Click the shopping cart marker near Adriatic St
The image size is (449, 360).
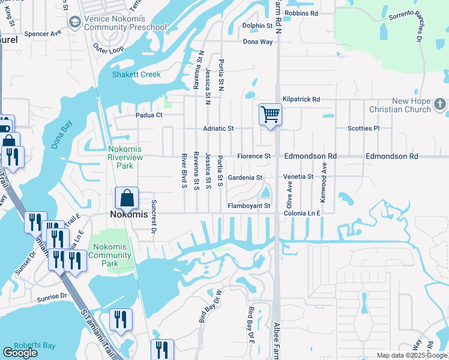pyautogui.click(x=271, y=114)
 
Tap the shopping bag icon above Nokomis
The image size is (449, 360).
pyautogui.click(x=127, y=197)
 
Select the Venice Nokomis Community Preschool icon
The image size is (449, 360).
pyautogui.click(x=75, y=23)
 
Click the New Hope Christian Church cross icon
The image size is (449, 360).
pyautogui.click(x=439, y=105)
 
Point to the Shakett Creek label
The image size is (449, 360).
pyautogui.click(x=137, y=74)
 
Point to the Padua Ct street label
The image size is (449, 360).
pyautogui.click(x=149, y=115)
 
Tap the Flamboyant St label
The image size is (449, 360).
pyautogui.click(x=249, y=206)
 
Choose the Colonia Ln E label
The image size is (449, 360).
pyautogui.click(x=303, y=212)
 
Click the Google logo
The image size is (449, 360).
pyautogui.click(x=20, y=353)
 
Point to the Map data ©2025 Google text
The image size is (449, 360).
pyautogui.click(x=411, y=355)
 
